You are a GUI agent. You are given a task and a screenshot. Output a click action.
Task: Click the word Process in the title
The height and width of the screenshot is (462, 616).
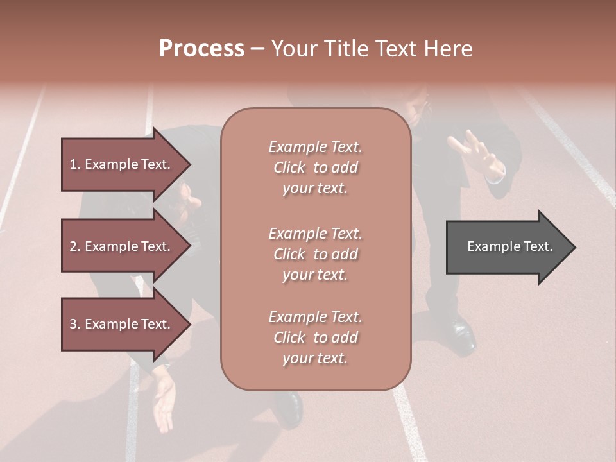201,49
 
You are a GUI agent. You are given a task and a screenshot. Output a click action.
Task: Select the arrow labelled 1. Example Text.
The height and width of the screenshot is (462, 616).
122,164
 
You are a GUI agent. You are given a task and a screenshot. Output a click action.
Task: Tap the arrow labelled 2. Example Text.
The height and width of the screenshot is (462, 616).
122,246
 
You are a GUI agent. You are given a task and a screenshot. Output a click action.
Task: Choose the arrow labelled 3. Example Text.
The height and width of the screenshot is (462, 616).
122,324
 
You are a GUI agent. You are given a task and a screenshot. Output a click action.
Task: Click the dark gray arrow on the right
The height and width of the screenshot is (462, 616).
507,247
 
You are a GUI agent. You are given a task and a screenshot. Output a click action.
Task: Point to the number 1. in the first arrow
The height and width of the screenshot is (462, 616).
75,164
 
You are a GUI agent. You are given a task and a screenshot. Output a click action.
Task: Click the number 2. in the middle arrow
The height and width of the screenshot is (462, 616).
75,246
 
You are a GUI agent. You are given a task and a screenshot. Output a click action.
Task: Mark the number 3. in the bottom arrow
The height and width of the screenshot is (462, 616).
75,324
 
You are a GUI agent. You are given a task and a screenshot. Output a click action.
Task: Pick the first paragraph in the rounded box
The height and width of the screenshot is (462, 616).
315,167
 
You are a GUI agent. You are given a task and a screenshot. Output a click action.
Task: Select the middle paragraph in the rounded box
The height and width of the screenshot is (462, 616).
315,254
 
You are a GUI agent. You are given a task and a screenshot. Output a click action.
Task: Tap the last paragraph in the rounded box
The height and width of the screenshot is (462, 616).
315,338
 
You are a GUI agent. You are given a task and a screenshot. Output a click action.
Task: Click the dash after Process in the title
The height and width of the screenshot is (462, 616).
258,49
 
